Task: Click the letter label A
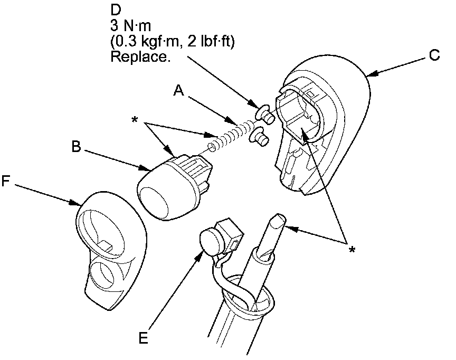(179, 91)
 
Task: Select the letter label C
(434, 55)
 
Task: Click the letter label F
(6, 181)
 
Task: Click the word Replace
(140, 58)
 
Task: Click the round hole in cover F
(104, 275)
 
